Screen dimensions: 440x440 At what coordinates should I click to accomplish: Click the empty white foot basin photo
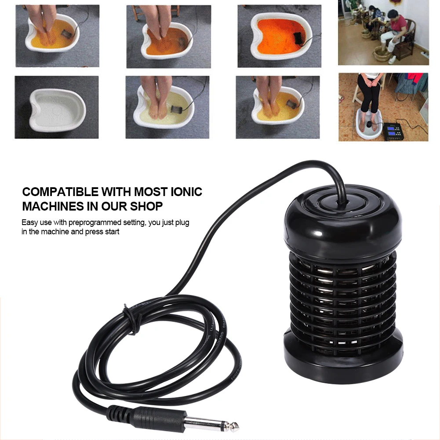pos(56,107)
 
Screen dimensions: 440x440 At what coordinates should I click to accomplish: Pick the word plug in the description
pos(181,222)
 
